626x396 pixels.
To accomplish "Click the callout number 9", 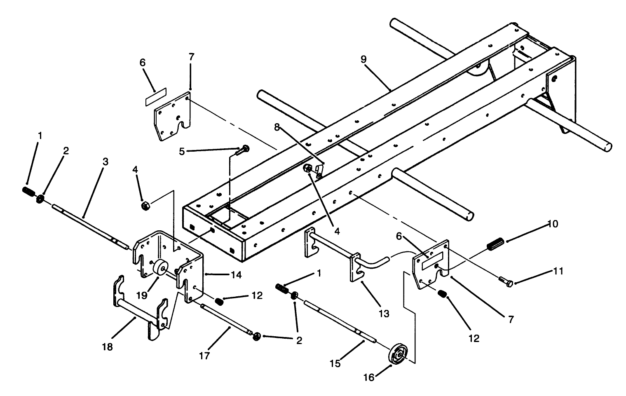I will click(363, 59).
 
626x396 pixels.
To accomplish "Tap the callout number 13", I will click(384, 314).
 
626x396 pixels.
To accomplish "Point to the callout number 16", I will click(369, 377).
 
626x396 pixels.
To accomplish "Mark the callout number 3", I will click(105, 162).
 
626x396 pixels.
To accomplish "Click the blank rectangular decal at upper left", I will click(155, 95).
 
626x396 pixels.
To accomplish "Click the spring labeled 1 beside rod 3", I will click(28, 191).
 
